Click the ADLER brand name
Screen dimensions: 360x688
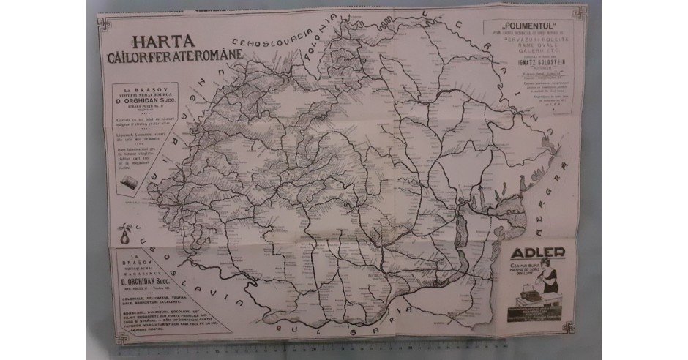[538, 254]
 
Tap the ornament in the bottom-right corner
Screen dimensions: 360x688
[569, 327]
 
